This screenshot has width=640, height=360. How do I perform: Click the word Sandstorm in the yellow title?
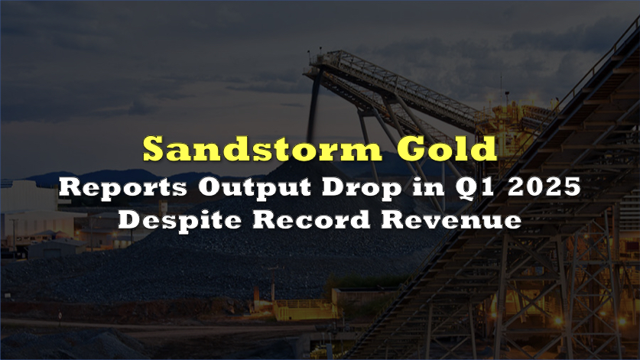point(262,148)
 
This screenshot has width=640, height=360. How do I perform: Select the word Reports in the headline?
point(123,188)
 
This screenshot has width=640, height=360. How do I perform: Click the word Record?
point(311,220)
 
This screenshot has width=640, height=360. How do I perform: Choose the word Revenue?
point(451,220)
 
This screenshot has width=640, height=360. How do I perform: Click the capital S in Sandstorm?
point(154,148)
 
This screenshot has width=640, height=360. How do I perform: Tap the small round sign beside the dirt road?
point(60,315)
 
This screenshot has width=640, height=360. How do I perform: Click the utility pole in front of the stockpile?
point(273,281)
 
